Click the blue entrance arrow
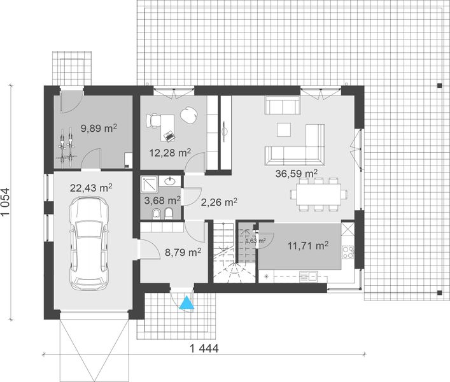click(x=186, y=304)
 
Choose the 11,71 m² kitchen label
click(x=309, y=244)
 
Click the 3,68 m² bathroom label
click(x=160, y=200)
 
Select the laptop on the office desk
click(x=169, y=135)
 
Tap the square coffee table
click(x=285, y=129)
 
